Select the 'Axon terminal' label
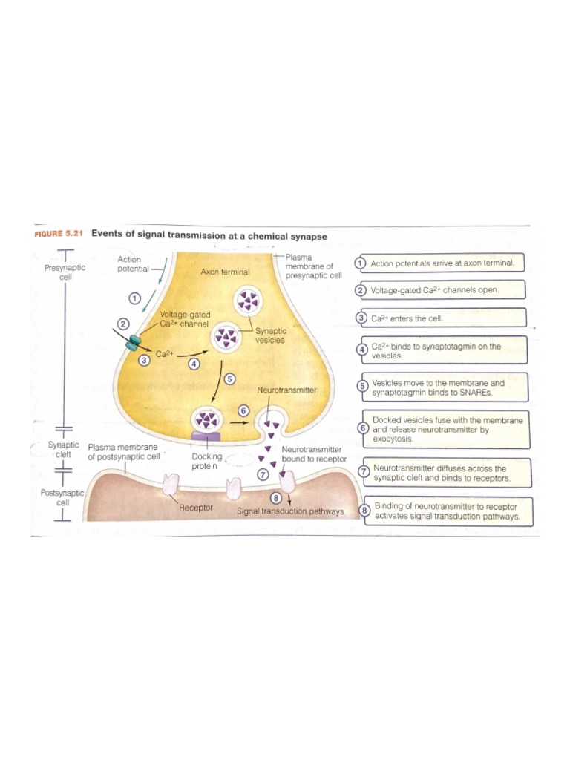click(225, 272)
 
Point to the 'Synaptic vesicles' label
click(270, 335)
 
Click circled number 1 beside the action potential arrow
click(134, 297)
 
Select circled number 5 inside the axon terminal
click(229, 379)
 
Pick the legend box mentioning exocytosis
click(444, 429)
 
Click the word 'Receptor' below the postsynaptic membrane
click(196, 508)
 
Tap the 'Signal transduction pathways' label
click(290, 511)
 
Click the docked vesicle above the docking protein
click(207, 419)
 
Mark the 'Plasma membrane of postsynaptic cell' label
click(124, 452)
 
